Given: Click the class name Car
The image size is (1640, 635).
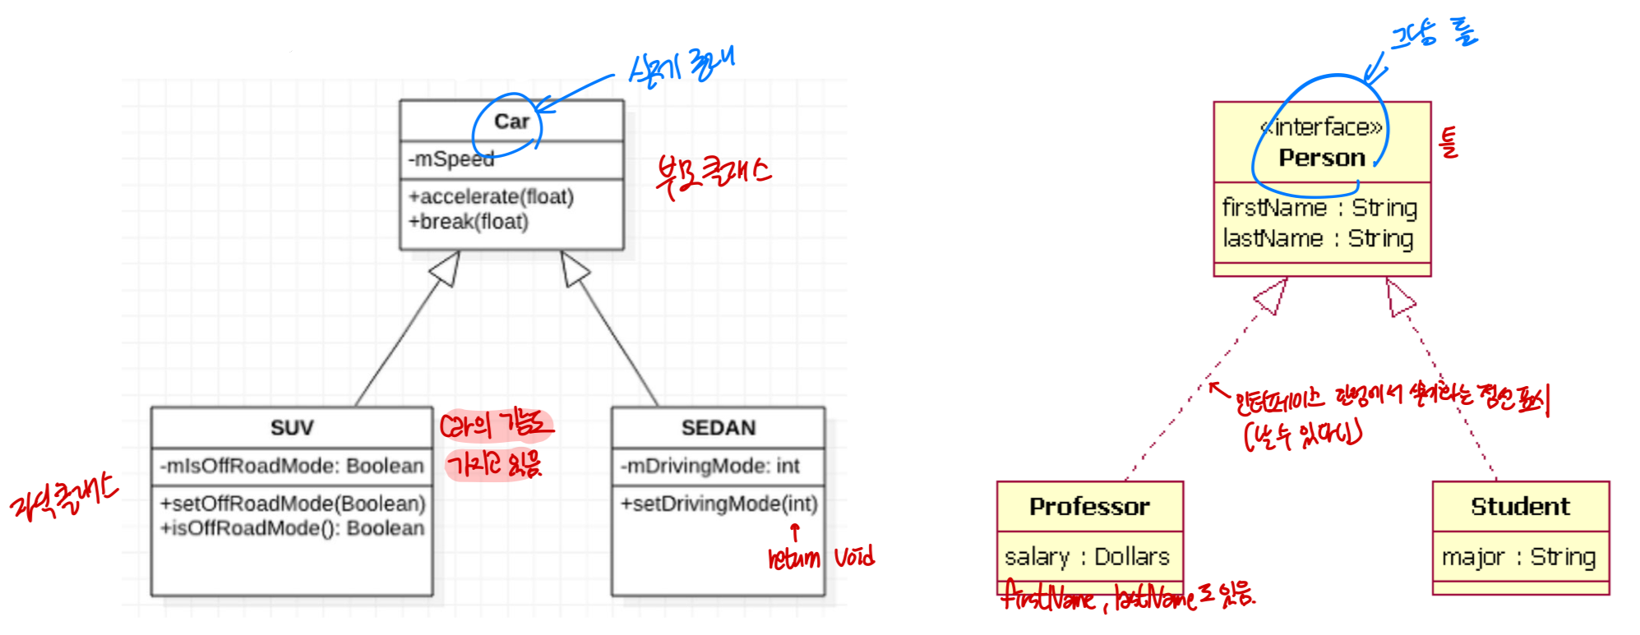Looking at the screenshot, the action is point(511,122).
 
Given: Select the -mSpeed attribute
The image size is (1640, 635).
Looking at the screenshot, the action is point(451,159).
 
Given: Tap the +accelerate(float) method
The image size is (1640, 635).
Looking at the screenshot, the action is point(492,197).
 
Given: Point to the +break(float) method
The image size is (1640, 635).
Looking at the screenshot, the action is point(469,222).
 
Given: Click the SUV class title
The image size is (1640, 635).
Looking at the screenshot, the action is point(292,428).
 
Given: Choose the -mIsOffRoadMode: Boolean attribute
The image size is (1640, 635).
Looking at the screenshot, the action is point(292,467).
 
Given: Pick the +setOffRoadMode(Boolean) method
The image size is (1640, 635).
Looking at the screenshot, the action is point(293,504).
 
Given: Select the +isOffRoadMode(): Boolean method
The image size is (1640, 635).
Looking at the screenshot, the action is point(293,528).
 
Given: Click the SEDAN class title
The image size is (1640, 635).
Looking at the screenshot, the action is point(718,428).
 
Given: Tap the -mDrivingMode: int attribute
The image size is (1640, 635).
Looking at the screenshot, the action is point(709,467).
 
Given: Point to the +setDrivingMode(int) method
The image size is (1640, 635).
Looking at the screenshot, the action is point(718,504).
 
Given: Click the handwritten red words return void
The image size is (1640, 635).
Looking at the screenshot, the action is point(820,559).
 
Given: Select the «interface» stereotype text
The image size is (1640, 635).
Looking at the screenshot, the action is point(1321,127).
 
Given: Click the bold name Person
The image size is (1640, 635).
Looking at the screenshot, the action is point(1321,158).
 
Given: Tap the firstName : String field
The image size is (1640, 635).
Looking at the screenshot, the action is point(1319,208).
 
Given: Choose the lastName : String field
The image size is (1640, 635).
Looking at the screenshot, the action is point(1318,238).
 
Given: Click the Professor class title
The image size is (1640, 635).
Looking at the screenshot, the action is point(1089,507).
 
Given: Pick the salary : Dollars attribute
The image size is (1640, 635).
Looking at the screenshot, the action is point(1087,557).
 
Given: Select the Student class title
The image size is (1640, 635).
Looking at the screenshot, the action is point(1520,507).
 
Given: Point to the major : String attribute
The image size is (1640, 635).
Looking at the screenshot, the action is point(1518,557).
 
